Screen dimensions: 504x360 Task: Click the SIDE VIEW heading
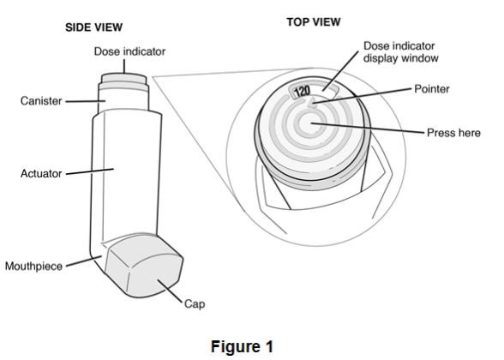[94, 27]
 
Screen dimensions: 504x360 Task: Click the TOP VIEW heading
[314, 22]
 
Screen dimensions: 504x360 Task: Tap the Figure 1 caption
[242, 346]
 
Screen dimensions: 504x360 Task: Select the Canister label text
[41, 101]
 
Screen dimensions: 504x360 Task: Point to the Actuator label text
[41, 173]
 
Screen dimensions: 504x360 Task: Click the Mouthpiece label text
[33, 266]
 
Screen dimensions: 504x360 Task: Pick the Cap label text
[195, 304]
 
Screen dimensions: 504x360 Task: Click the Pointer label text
[432, 89]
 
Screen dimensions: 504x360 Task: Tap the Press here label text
[453, 133]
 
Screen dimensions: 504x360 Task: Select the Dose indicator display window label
[401, 52]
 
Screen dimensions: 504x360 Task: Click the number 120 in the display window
[302, 92]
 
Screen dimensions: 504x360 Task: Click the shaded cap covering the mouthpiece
[144, 267]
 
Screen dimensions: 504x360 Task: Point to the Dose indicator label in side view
[129, 51]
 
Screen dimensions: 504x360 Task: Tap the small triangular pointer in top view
[311, 103]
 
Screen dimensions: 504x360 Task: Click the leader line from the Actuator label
[90, 171]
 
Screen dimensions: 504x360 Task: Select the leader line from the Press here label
[368, 128]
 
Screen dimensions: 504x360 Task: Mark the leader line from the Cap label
[170, 291]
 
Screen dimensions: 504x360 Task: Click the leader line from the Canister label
[86, 101]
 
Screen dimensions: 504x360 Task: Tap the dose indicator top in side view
[124, 79]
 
